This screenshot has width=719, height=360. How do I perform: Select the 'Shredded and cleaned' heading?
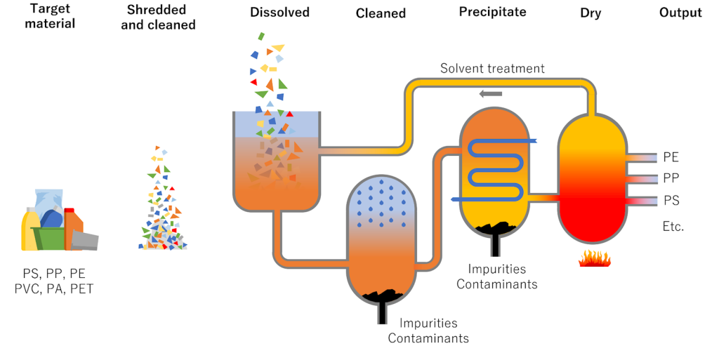(x=161, y=18)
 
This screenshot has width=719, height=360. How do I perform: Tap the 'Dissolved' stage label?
(x=279, y=13)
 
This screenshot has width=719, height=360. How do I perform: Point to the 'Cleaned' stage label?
(x=381, y=13)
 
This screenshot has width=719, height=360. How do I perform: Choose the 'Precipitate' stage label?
(x=493, y=13)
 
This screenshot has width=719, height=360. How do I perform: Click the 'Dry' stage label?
(x=591, y=13)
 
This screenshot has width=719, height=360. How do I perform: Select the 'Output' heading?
(x=680, y=13)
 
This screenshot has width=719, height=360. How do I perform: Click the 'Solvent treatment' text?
(x=492, y=69)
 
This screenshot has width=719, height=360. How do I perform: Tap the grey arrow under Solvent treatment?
(x=491, y=93)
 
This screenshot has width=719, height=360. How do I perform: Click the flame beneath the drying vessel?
(x=593, y=260)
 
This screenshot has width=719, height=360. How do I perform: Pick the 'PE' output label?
(x=671, y=157)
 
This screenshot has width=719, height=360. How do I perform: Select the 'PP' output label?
(x=671, y=178)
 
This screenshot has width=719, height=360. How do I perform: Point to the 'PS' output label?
(x=671, y=201)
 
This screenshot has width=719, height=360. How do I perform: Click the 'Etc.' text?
(x=673, y=226)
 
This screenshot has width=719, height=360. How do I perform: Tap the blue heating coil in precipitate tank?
(x=493, y=168)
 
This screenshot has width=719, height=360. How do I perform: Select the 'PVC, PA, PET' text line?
(x=53, y=288)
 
